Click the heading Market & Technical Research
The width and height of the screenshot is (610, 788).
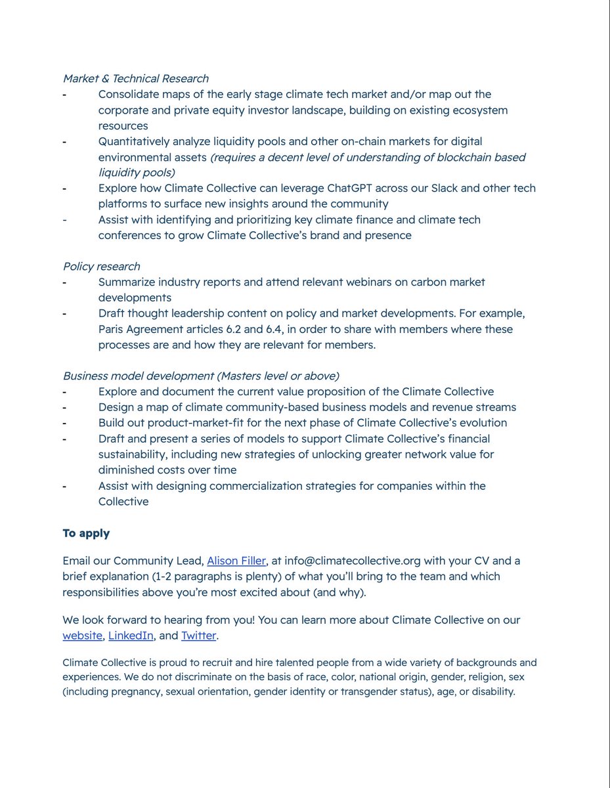pos(135,79)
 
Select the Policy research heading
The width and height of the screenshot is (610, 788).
pos(101,266)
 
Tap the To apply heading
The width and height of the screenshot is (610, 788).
pos(86,533)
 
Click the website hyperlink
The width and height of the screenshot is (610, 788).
pos(82,636)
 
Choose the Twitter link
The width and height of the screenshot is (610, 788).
pos(198,636)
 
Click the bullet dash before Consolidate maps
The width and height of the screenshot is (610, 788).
pos(65,95)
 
